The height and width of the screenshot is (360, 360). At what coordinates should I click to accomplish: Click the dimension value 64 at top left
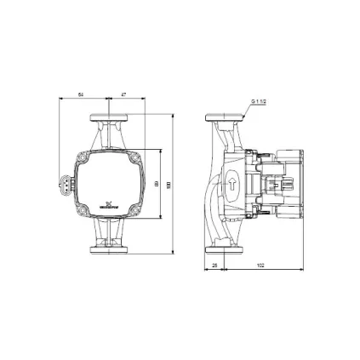pyautogui.click(x=82, y=95)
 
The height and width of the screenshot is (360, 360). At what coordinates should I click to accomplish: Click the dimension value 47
pyautogui.click(x=124, y=95)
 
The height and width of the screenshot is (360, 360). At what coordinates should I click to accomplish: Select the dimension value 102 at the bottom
pyautogui.click(x=260, y=266)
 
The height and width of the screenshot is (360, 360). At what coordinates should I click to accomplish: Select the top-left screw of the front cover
pyautogui.click(x=82, y=157)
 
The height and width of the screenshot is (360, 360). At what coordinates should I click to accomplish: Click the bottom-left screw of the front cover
pyautogui.click(x=82, y=209)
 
